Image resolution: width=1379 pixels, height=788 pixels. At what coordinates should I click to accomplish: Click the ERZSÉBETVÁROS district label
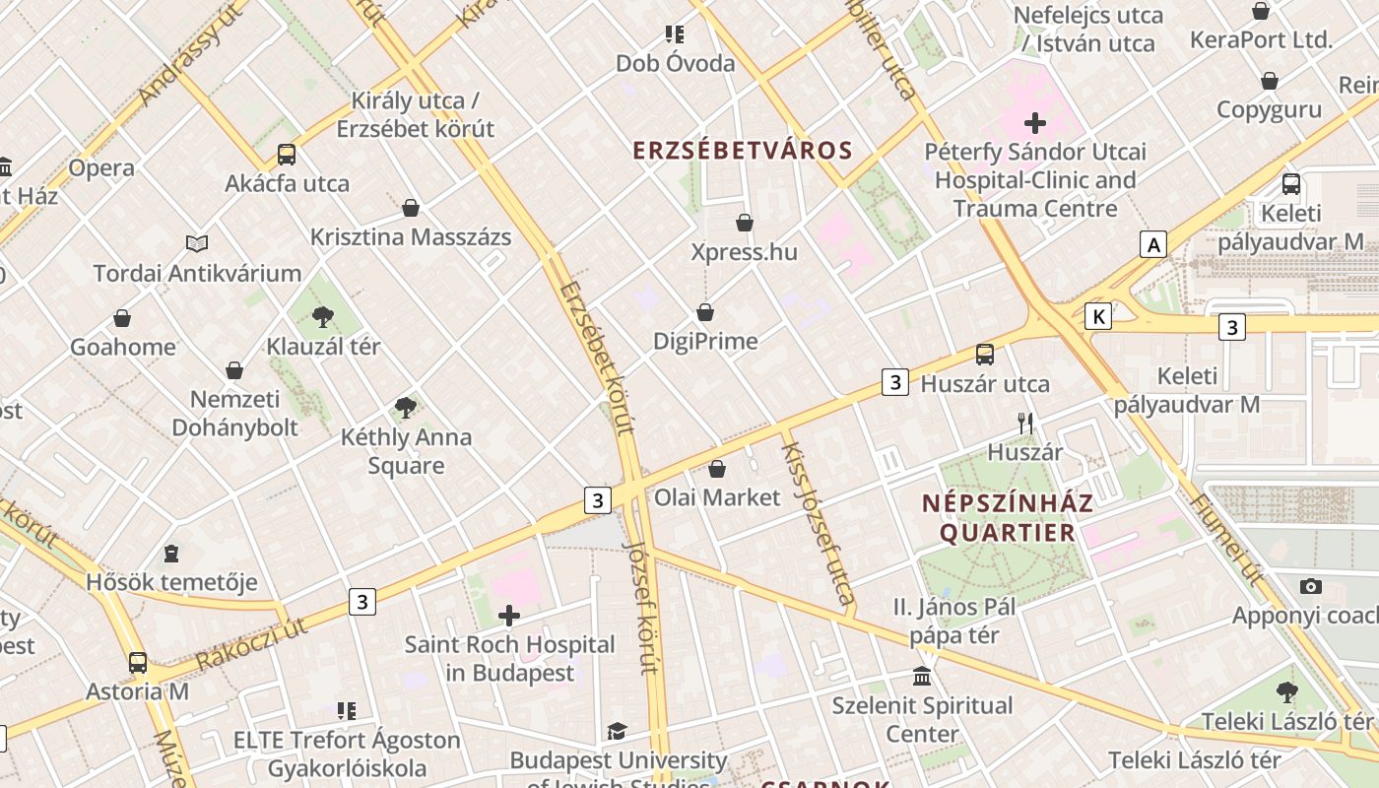coord(742,151)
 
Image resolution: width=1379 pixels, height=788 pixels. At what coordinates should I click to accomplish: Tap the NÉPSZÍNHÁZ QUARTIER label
coord(1007,518)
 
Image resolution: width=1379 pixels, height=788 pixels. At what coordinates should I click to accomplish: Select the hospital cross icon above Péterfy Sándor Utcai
coord(1034,123)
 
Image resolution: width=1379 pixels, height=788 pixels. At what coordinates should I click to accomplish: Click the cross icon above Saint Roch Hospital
coord(509,617)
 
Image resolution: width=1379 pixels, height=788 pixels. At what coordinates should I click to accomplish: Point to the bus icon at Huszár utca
coord(985,355)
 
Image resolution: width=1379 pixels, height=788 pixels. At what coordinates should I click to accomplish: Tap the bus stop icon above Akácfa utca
coord(287,155)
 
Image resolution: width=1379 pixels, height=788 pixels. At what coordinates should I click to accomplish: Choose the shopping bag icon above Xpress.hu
coord(745,223)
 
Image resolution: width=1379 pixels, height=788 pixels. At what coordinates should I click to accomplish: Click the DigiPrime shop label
coord(705,342)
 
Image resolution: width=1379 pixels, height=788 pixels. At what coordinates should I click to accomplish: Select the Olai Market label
coord(717,497)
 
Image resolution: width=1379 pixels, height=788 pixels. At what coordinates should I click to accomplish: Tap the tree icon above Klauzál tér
coord(322,316)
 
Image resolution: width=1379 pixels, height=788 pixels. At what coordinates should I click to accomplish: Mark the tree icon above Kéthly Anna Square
coord(405,407)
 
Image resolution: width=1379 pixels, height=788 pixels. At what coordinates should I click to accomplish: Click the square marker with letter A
coord(1153,243)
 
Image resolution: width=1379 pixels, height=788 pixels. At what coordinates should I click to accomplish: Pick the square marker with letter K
coord(1098,316)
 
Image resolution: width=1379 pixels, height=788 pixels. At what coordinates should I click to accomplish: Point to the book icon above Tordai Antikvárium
coord(197,243)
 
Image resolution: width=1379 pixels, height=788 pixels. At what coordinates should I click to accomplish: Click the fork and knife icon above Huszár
coord(1025,424)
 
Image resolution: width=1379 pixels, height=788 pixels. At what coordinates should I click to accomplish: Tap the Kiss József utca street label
coord(818,522)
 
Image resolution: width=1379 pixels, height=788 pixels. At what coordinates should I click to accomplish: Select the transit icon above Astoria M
coord(138,662)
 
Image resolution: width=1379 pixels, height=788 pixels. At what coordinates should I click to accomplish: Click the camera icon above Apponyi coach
coord(1310,586)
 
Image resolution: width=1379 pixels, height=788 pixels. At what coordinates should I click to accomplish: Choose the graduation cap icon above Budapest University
coord(617,731)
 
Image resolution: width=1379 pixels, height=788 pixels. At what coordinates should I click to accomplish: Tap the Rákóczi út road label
coord(251,644)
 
